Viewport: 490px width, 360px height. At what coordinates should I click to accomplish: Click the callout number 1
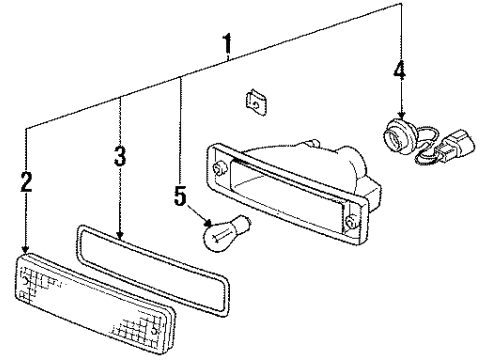click(x=227, y=43)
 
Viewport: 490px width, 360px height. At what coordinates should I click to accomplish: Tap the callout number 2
click(x=26, y=182)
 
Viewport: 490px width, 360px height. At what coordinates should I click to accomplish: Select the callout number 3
click(x=120, y=156)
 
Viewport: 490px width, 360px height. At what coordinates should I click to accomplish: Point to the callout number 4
click(x=399, y=70)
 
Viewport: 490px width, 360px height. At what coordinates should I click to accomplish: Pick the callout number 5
click(x=180, y=196)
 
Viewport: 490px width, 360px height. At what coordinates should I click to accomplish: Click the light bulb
click(x=227, y=232)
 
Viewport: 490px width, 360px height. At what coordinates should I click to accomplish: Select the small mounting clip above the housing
click(x=256, y=102)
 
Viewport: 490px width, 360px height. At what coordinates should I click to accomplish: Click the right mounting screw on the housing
click(x=351, y=222)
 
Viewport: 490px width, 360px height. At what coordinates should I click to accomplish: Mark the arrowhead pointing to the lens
click(x=26, y=249)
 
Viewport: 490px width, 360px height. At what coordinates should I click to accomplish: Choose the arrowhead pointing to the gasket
click(x=120, y=235)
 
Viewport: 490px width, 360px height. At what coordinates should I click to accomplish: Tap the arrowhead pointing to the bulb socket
click(x=401, y=115)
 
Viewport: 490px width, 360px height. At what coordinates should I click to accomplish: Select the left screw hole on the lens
click(x=25, y=281)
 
